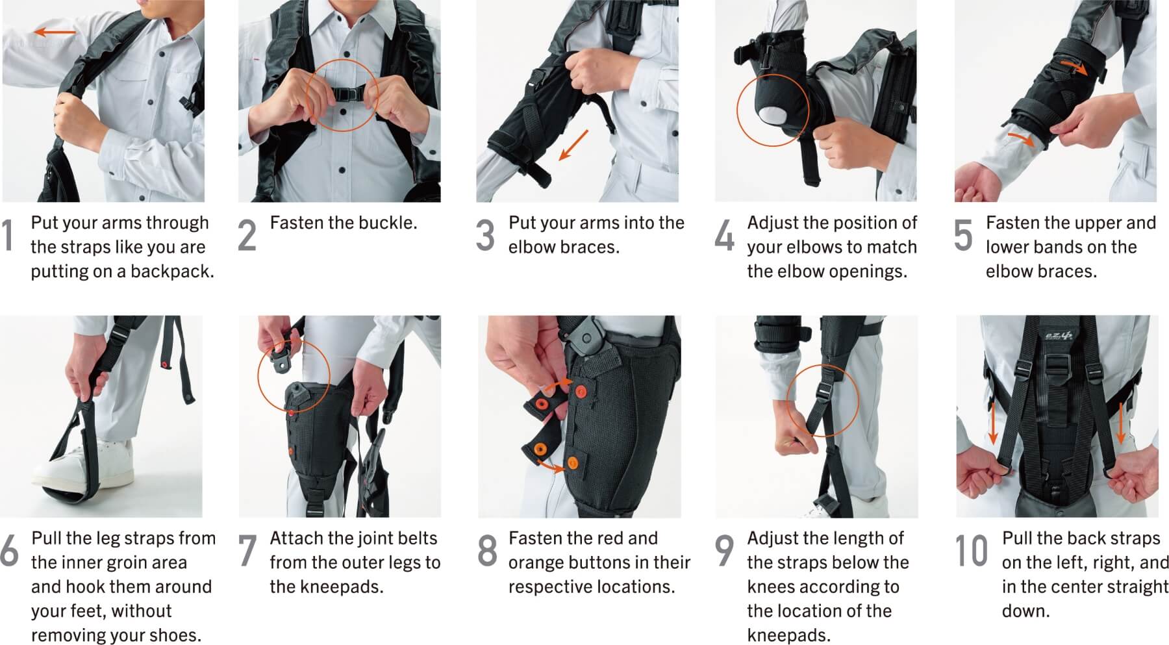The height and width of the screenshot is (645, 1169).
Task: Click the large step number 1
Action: (x=8, y=235)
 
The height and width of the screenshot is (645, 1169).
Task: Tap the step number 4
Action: (x=724, y=235)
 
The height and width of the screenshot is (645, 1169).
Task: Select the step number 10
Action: (x=971, y=551)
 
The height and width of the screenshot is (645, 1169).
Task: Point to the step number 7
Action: (x=247, y=551)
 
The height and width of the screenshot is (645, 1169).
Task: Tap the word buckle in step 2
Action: (x=388, y=223)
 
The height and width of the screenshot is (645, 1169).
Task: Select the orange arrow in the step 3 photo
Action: (x=573, y=144)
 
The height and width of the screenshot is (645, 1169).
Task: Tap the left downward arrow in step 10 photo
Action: (x=992, y=423)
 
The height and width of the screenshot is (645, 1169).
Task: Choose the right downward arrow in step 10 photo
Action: (x=1120, y=423)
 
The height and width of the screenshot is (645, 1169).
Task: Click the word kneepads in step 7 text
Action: (x=326, y=587)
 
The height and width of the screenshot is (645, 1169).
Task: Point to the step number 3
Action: (x=485, y=235)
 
